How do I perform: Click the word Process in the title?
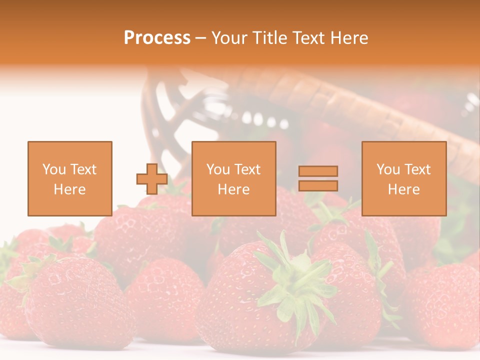(157, 38)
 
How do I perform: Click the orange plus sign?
(152, 179)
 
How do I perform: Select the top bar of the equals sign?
(318, 171)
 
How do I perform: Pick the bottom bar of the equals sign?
(318, 186)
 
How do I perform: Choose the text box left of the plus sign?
(70, 178)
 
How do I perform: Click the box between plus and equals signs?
(234, 178)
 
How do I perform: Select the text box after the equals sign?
(404, 178)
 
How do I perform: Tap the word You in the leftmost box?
(53, 169)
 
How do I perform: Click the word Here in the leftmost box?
(70, 189)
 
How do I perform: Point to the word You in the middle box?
(217, 169)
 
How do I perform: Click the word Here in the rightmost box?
(404, 189)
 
